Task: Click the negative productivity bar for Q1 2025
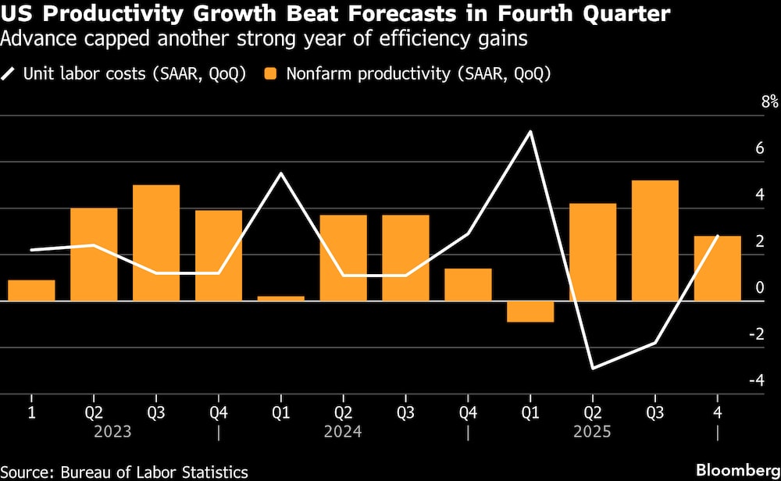pyautogui.click(x=530, y=311)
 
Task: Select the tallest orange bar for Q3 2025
pyautogui.click(x=655, y=241)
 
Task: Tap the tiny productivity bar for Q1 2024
pyautogui.click(x=281, y=298)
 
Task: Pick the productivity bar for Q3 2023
pyautogui.click(x=156, y=243)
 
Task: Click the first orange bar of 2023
pyautogui.click(x=31, y=290)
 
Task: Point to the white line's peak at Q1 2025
pyautogui.click(x=531, y=131)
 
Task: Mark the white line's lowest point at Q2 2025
pyautogui.click(x=594, y=368)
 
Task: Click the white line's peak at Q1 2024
pyautogui.click(x=281, y=173)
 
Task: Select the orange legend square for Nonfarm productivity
pyautogui.click(x=273, y=74)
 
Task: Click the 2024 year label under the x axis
pyautogui.click(x=344, y=432)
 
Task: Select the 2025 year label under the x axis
pyautogui.click(x=594, y=432)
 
